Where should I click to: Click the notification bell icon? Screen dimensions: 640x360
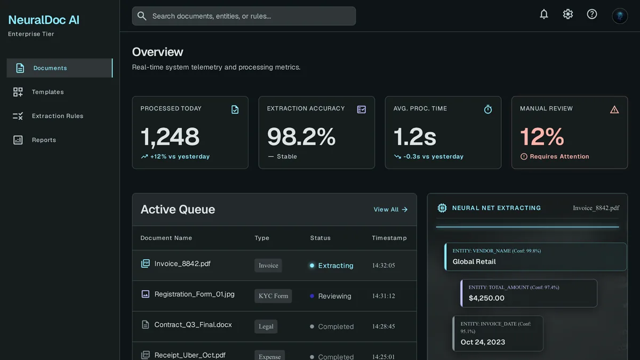click(543, 14)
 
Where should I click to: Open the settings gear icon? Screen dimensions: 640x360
click(567, 14)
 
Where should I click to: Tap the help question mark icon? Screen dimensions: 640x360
click(591, 14)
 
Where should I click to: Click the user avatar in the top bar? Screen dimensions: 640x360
click(620, 15)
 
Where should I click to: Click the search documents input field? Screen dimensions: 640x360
click(244, 16)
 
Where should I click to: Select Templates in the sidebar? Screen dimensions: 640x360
click(47, 92)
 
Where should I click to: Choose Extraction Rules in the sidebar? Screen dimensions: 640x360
click(58, 116)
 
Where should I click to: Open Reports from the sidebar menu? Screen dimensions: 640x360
click(44, 140)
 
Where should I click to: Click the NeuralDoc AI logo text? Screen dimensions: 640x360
click(44, 20)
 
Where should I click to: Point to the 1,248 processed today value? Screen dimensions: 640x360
click(170, 137)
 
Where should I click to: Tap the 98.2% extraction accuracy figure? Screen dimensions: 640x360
click(301, 137)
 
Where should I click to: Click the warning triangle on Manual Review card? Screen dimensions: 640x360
click(614, 110)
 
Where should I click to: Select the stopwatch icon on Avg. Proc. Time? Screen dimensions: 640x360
click(487, 109)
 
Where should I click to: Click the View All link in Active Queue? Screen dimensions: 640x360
click(390, 210)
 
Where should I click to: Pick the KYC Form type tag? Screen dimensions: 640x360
click(273, 296)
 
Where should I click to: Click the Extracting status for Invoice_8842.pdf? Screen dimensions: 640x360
click(335, 266)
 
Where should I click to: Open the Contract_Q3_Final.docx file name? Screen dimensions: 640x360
click(193, 325)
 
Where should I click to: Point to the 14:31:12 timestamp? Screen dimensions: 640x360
click(383, 296)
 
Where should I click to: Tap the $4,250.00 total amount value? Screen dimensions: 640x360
click(486, 298)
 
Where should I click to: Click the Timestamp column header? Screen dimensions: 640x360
click(389, 238)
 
